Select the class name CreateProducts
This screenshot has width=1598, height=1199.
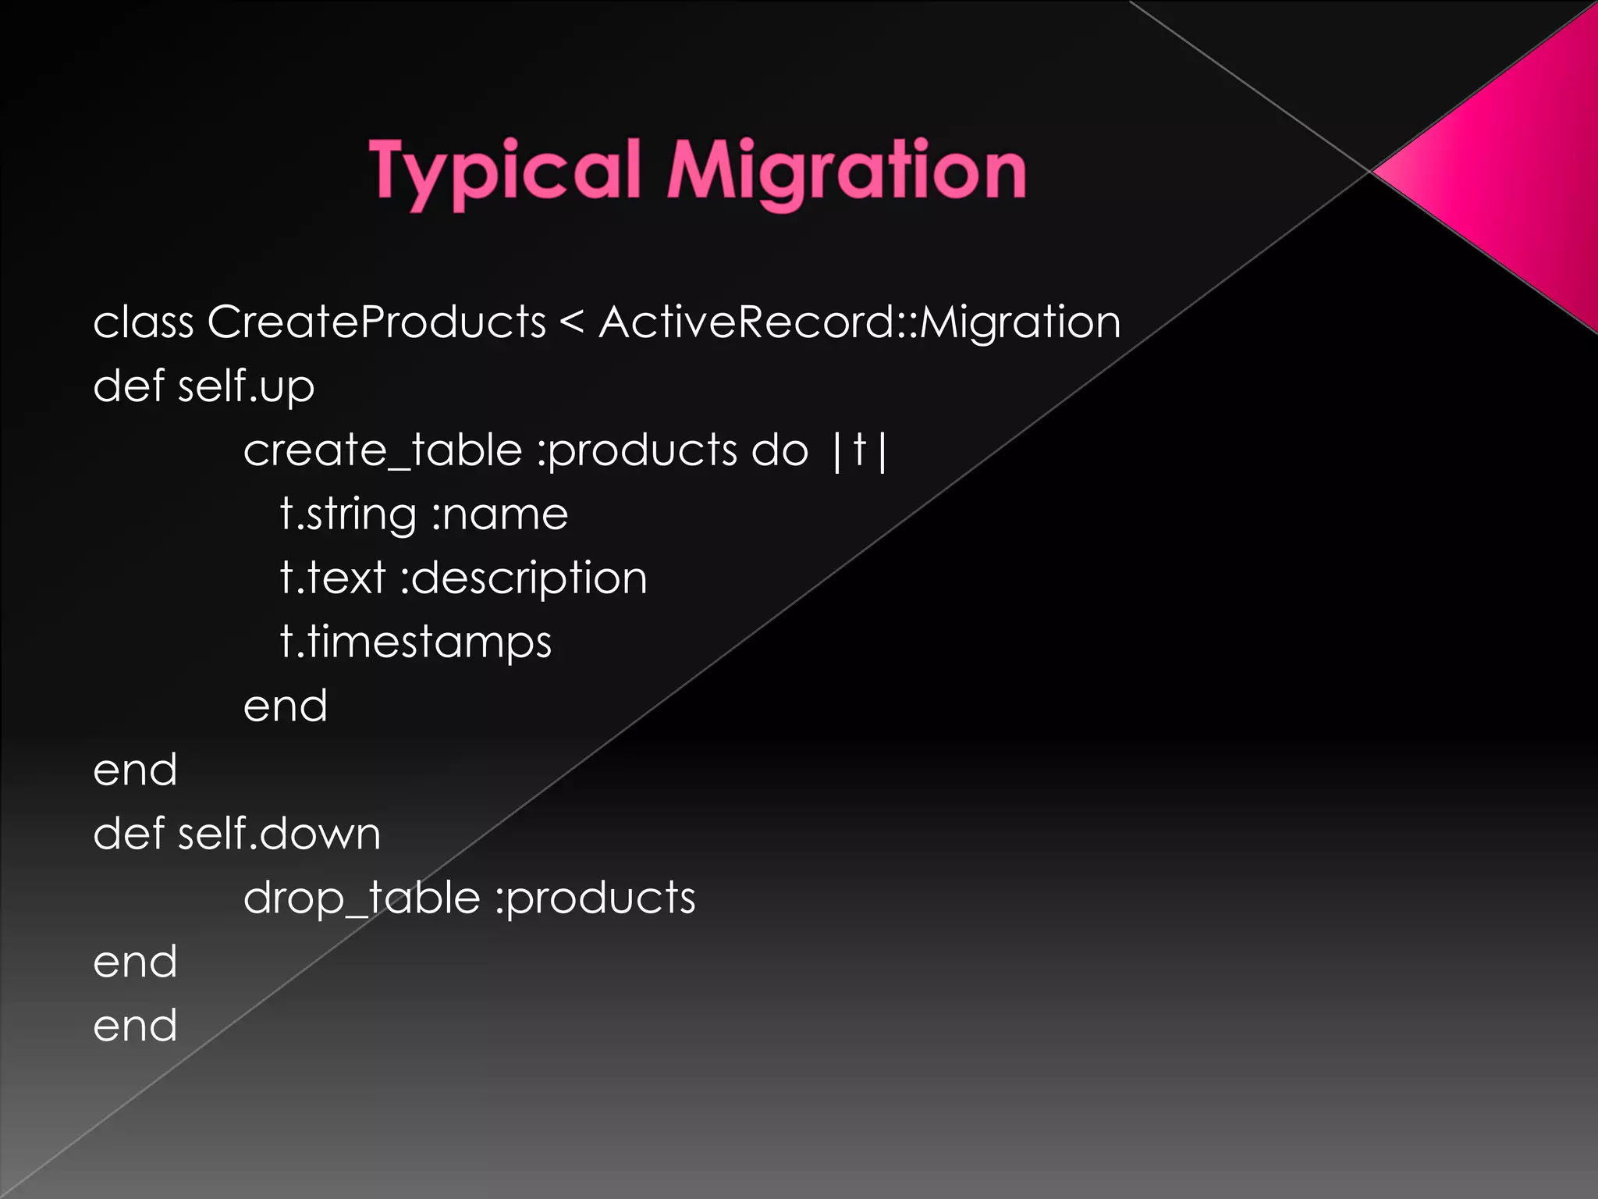[x=376, y=322]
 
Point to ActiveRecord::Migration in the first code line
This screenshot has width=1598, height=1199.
[x=859, y=322]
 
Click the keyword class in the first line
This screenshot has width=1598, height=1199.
[x=144, y=322]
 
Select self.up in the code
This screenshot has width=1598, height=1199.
[x=246, y=386]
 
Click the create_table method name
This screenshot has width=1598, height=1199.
[x=382, y=450]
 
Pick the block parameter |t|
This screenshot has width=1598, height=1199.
[x=859, y=450]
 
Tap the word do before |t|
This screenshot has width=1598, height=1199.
[x=779, y=450]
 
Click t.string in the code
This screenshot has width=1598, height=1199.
[x=348, y=515]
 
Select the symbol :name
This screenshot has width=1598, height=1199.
[x=500, y=515]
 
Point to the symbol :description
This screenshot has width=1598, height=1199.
[x=524, y=579]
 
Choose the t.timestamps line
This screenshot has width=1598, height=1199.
[x=416, y=642]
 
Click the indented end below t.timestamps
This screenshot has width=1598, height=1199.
[x=285, y=706]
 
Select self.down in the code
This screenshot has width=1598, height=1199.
[x=279, y=834]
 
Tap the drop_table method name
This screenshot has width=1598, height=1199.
[x=361, y=898]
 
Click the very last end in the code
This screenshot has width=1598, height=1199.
[x=135, y=1026]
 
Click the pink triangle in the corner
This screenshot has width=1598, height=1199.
[x=1506, y=172]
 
